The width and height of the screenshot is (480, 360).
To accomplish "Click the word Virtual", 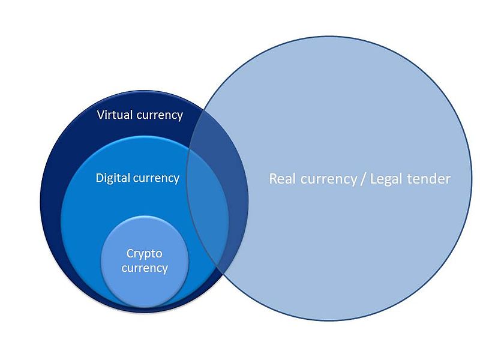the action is pyautogui.click(x=115, y=115).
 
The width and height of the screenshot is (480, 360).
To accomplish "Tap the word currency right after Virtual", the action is pyautogui.click(x=160, y=116).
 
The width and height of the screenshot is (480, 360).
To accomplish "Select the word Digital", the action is pyautogui.click(x=111, y=178).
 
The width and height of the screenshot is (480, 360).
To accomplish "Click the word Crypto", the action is pyautogui.click(x=144, y=254).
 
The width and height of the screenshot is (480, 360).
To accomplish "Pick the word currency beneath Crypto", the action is pyautogui.click(x=145, y=268).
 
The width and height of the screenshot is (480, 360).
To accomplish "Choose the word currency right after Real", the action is pyautogui.click(x=328, y=179).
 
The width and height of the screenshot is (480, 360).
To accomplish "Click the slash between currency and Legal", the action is pyautogui.click(x=364, y=179).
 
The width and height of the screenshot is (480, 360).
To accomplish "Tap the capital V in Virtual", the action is pyautogui.click(x=101, y=115).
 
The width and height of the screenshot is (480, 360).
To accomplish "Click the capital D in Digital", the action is pyautogui.click(x=99, y=178).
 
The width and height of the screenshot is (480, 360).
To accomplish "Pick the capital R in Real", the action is pyautogui.click(x=273, y=179).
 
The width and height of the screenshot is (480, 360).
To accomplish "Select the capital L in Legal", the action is pyautogui.click(x=373, y=179).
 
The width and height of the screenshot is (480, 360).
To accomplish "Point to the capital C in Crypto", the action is pyautogui.click(x=130, y=253).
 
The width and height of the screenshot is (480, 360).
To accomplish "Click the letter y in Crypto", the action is pyautogui.click(x=142, y=256).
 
